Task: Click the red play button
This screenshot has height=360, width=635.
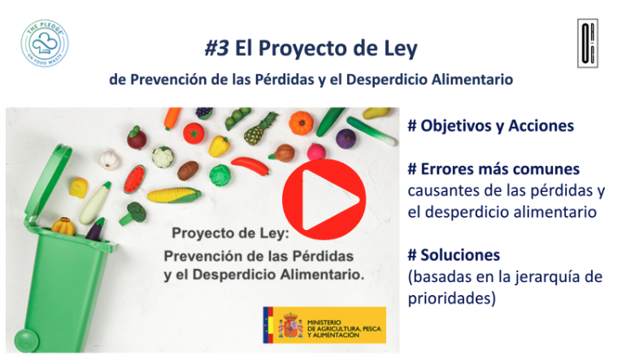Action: click(x=324, y=200)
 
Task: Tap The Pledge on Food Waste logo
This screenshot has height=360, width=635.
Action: click(x=45, y=43)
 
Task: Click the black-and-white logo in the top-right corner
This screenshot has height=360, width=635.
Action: click(x=588, y=43)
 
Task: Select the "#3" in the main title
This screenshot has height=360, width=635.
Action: click(x=216, y=48)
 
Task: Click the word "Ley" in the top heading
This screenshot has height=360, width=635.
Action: click(x=401, y=49)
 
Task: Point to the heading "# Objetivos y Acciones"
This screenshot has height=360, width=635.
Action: click(x=491, y=126)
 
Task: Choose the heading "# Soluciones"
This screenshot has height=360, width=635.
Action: click(x=454, y=255)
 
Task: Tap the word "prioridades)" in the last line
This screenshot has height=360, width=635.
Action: click(x=452, y=299)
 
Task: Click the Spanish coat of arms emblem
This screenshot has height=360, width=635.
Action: click(x=291, y=325)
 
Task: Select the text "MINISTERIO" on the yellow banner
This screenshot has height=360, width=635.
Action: click(x=324, y=323)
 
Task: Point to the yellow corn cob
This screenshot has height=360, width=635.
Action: click(x=174, y=195)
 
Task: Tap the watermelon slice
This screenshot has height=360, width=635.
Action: click(x=134, y=179)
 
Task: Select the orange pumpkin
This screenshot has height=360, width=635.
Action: click(x=302, y=123)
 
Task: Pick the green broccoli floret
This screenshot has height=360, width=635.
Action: click(x=133, y=214)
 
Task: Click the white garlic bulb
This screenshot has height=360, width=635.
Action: click(x=109, y=158)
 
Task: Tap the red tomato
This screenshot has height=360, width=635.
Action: click(x=194, y=133)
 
